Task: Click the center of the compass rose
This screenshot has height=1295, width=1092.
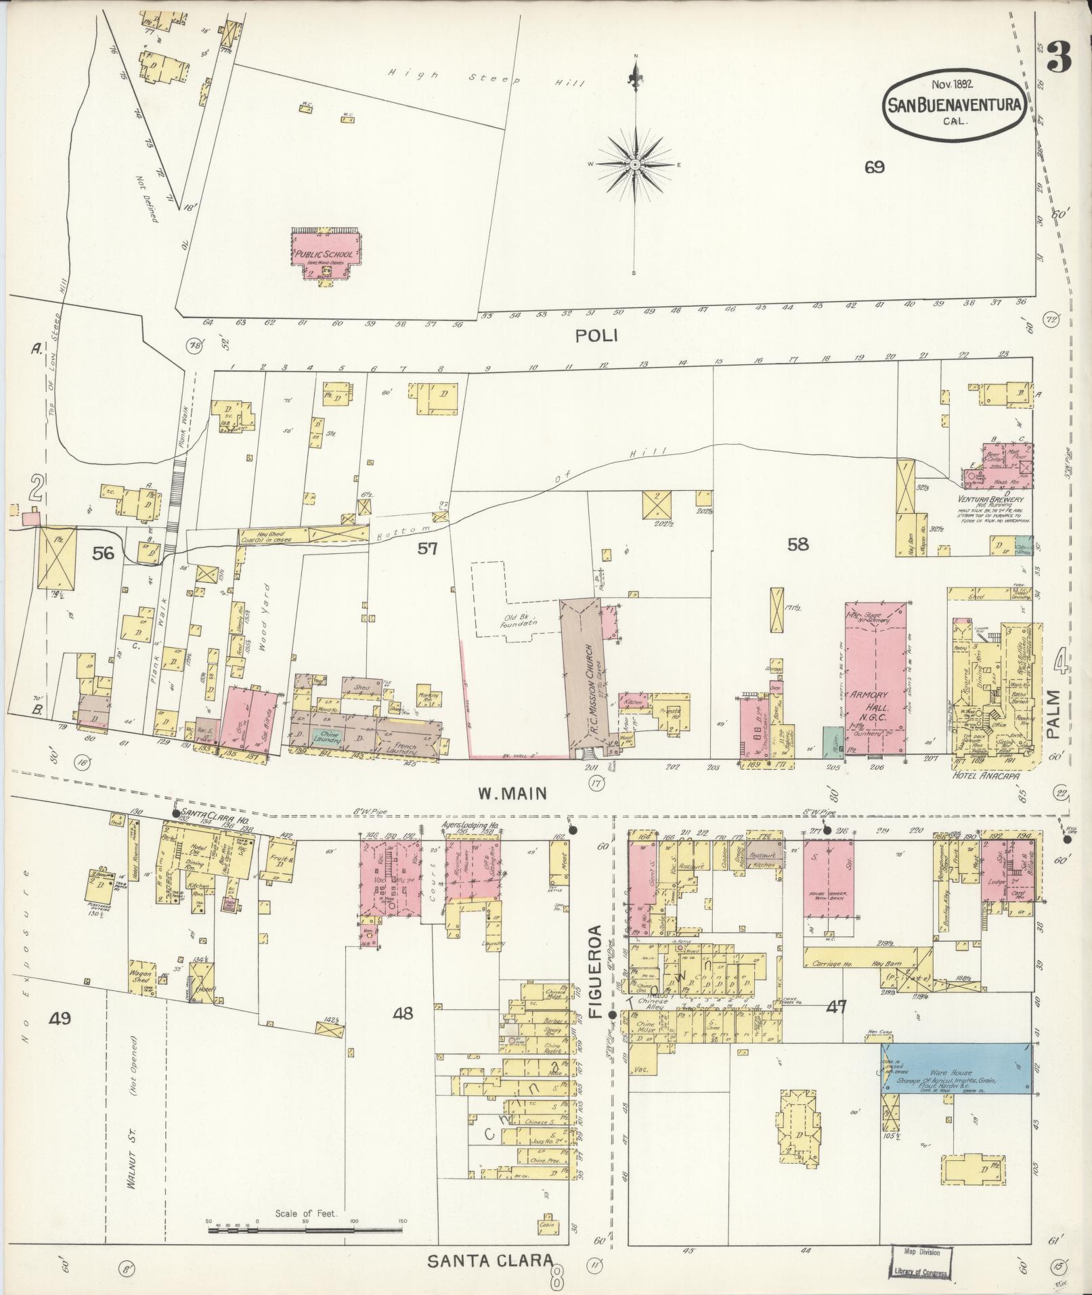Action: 635,165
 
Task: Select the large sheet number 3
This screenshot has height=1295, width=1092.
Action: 1058,60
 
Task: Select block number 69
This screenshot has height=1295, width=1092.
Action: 874,167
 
